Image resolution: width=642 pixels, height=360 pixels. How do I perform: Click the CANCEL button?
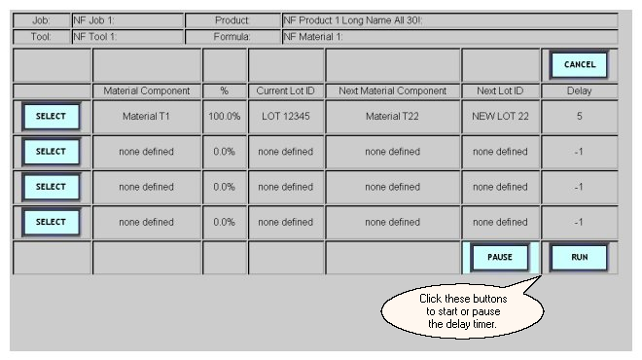pos(579,64)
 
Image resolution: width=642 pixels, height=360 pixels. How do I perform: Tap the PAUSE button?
pos(500,257)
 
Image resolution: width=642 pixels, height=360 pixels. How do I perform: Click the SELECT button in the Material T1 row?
pos(51,117)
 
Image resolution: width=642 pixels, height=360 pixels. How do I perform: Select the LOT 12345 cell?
pos(286,117)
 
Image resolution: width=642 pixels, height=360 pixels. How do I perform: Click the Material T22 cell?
pos(392,117)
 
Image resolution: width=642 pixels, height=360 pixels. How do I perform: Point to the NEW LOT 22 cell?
pos(500,117)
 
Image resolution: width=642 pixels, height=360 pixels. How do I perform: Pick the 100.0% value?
pos(225,117)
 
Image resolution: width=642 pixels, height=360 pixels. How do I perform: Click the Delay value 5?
pos(580,117)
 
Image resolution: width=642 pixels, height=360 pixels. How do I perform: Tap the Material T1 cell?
pos(146,117)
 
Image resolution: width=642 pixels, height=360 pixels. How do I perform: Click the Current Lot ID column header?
pos(286,90)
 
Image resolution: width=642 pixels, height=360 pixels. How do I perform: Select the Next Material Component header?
pos(392,90)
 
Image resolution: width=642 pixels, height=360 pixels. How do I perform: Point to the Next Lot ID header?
pos(500,90)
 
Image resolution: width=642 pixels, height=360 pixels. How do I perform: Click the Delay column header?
pos(580,90)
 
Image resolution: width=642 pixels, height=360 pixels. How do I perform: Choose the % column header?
pos(225,90)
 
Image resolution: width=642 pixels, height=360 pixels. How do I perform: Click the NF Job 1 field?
pos(127,20)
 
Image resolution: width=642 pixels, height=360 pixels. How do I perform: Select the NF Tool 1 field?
pos(127,37)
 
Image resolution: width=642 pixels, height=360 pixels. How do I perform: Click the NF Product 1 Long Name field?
pos(450,20)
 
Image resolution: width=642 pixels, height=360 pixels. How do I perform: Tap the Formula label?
pos(232,37)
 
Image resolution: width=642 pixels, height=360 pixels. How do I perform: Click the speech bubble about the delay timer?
pos(463,311)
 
